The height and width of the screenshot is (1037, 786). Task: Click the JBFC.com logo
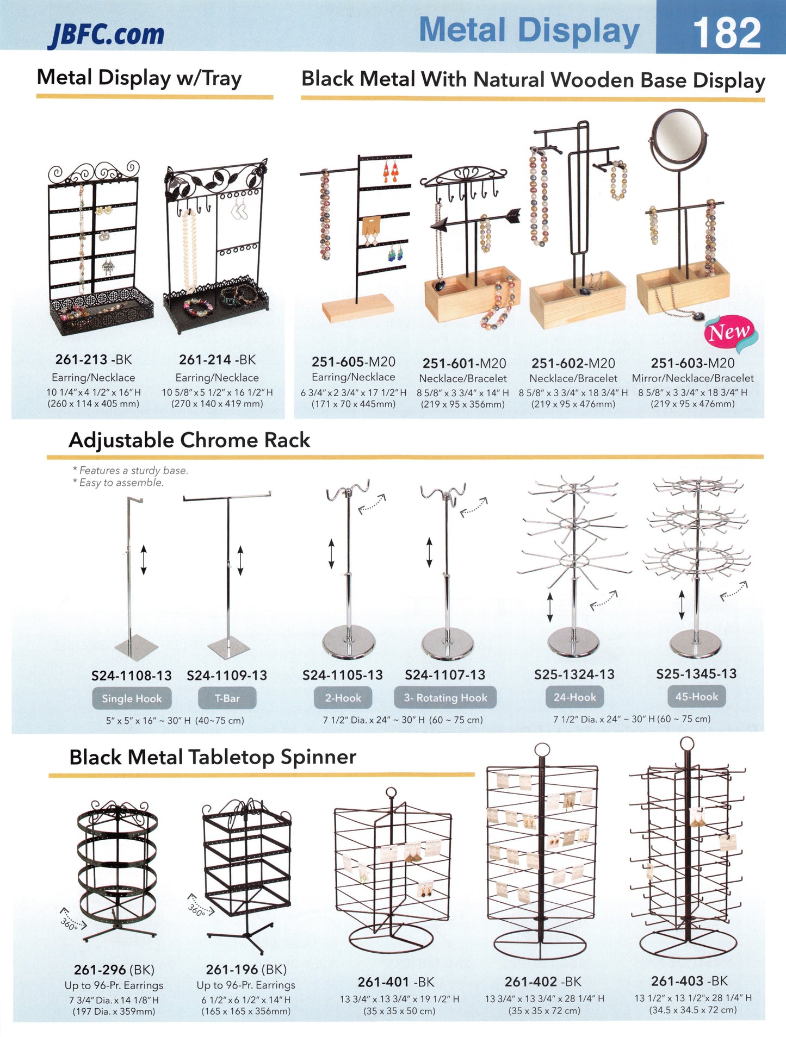click(107, 34)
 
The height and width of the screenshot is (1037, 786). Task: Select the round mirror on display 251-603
click(680, 139)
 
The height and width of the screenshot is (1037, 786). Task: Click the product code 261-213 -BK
click(94, 360)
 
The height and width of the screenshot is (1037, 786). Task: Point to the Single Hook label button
click(132, 698)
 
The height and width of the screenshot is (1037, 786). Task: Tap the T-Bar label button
click(227, 698)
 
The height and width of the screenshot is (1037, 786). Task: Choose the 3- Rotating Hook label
click(445, 698)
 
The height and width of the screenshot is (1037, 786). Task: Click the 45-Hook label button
click(696, 697)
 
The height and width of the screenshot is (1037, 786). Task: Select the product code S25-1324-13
click(574, 674)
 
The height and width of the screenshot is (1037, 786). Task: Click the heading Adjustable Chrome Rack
click(189, 440)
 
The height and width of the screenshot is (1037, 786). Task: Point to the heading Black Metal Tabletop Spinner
click(213, 757)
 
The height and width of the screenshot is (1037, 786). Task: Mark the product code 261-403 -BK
click(689, 981)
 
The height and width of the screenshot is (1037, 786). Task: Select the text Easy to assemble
click(121, 483)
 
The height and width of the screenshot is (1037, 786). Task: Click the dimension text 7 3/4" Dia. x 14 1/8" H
click(114, 1000)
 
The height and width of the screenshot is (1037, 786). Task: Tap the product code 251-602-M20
click(573, 363)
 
